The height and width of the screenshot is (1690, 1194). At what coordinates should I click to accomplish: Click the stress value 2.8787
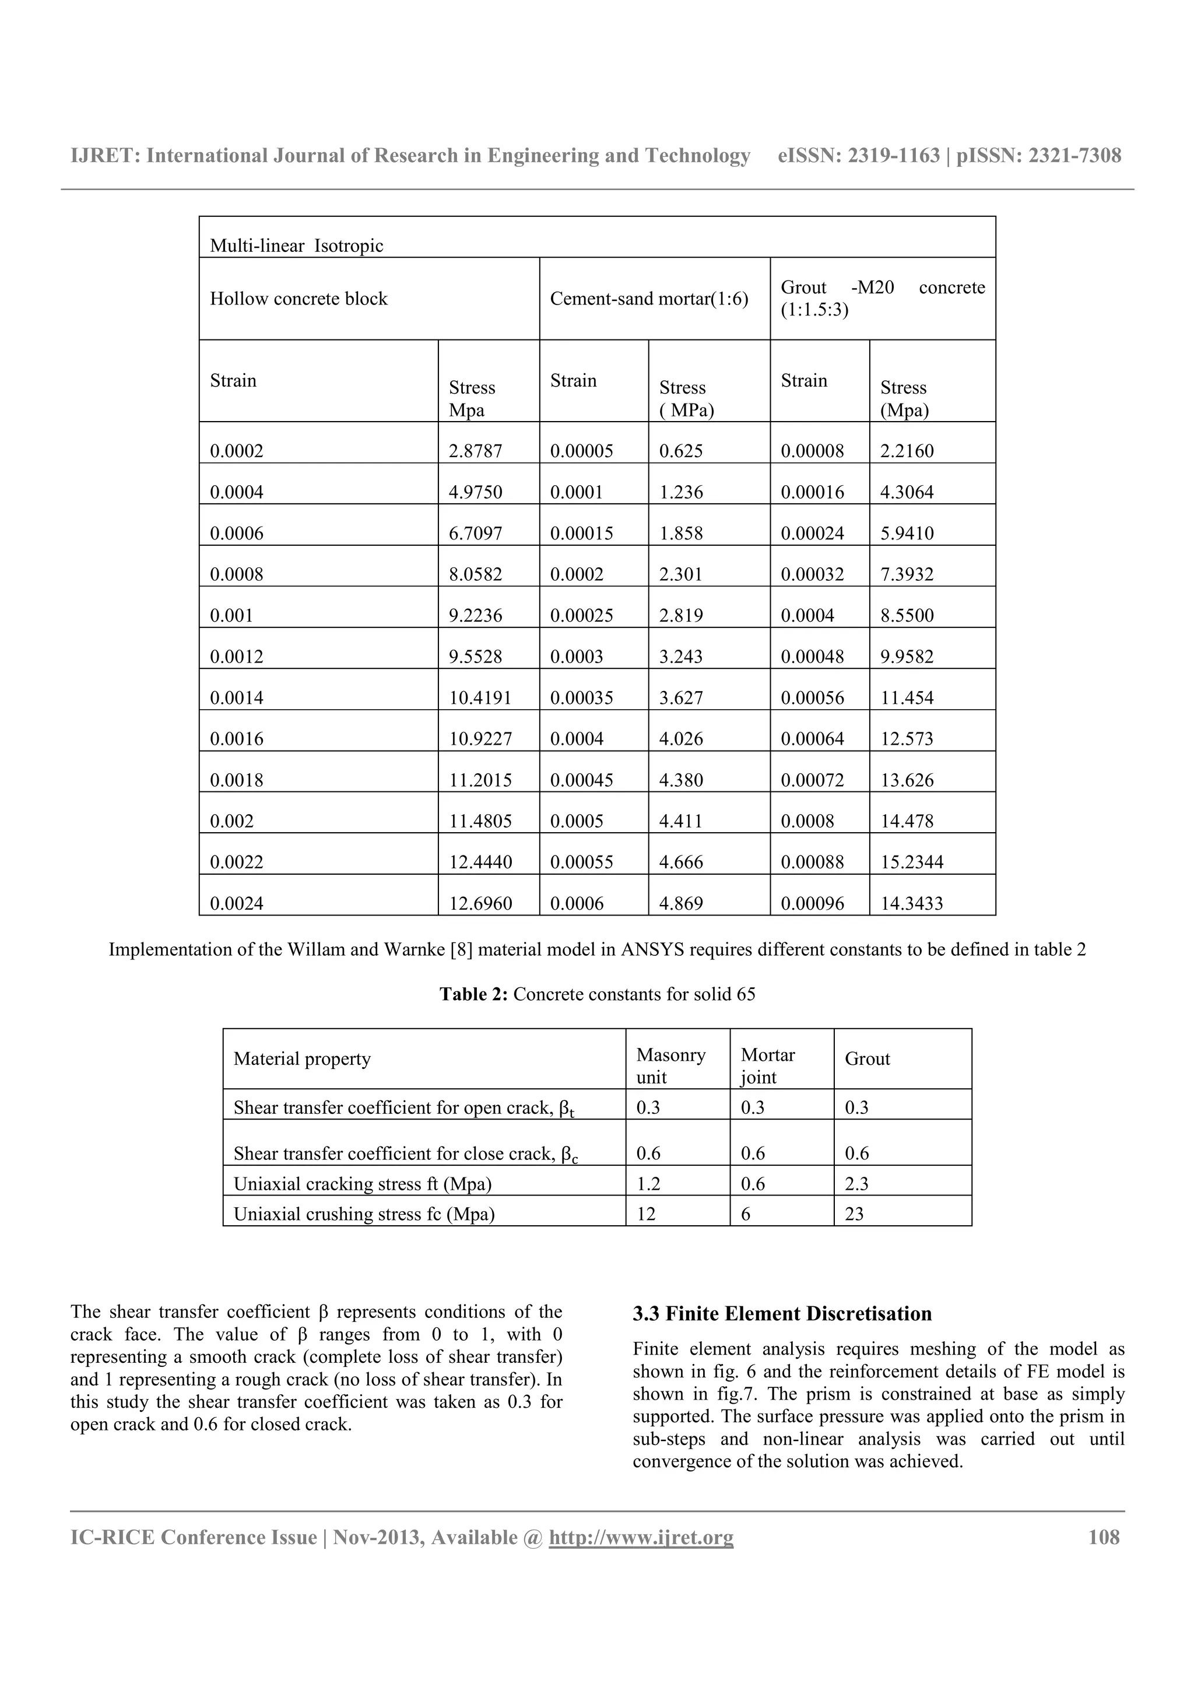[x=475, y=451]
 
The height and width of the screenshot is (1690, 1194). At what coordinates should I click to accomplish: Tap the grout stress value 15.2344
[x=911, y=862]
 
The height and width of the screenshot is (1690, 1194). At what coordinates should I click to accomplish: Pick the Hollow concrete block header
[x=298, y=299]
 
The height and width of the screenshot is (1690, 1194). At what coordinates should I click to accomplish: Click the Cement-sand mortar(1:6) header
[x=649, y=299]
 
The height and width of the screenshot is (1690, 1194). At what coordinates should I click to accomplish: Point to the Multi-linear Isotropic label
[x=297, y=246]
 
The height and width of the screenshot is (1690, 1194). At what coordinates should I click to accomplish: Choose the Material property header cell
[x=303, y=1058]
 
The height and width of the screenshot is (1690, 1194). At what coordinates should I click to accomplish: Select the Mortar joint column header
[x=767, y=1066]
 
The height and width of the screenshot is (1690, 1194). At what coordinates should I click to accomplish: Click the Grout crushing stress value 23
[x=854, y=1214]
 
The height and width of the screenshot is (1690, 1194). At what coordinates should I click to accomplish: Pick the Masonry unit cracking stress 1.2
[x=648, y=1184]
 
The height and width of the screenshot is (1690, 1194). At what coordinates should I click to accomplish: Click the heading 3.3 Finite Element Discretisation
[x=782, y=1314]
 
